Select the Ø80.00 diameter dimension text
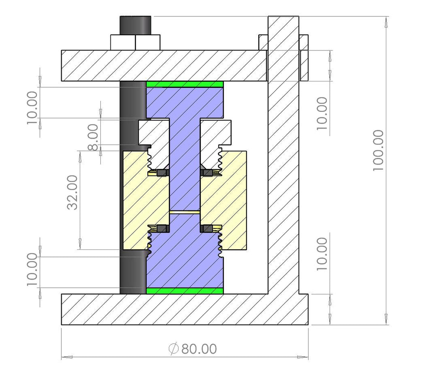pos(193,349)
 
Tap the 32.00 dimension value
pos(72,192)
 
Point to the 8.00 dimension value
pos(93,137)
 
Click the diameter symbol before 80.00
pos(173,349)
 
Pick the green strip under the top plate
pos(184,84)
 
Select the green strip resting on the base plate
pos(184,291)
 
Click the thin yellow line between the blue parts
pos(184,212)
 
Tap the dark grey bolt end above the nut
pos(135,25)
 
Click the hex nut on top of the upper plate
pos(135,42)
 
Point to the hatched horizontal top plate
pos(164,66)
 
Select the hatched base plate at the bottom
pos(184,309)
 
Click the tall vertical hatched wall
pos(283,168)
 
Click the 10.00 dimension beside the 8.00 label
pos(33,108)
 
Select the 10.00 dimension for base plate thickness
pos(322,254)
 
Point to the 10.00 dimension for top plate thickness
pos(322,113)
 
